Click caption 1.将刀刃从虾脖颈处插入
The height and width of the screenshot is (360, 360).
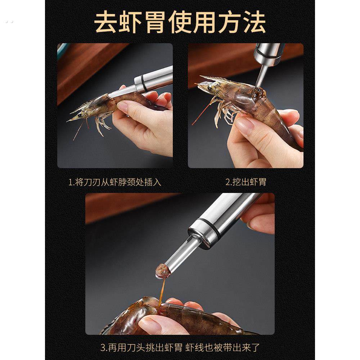click(114, 182)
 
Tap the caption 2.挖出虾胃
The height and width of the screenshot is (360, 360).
click(246, 182)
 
